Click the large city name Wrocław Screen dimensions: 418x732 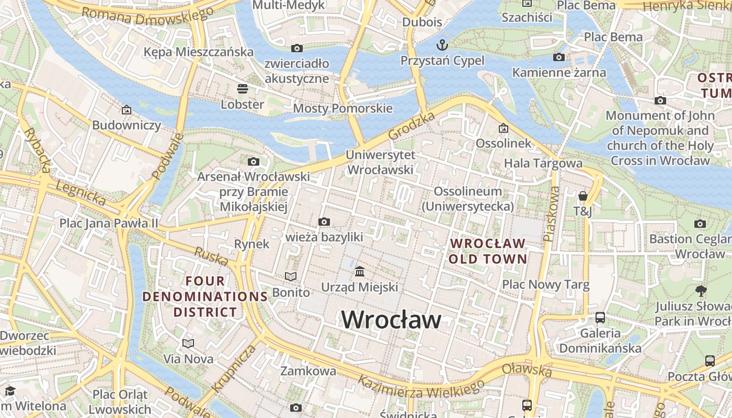coord(391,319)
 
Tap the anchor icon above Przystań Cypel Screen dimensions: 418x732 coord(442,44)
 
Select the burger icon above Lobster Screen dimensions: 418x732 coord(242,88)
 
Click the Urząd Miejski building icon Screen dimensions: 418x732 coord(360,271)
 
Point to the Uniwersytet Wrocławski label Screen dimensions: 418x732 coord(380,162)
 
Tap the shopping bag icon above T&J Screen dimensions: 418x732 coord(582,196)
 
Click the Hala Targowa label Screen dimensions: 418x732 coord(543,164)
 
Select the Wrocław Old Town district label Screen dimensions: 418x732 coord(487,251)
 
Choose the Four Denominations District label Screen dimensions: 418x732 coord(205,297)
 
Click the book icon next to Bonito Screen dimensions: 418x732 coord(291,276)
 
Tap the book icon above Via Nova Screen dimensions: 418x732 coord(188,343)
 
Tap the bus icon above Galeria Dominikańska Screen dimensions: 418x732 coord(600,317)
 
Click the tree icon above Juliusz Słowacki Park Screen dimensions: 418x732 coord(701,291)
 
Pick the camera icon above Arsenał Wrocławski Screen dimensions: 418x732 coord(254,162)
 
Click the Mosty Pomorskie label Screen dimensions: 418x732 coord(342,108)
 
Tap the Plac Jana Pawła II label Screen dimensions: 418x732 coord(108,224)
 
